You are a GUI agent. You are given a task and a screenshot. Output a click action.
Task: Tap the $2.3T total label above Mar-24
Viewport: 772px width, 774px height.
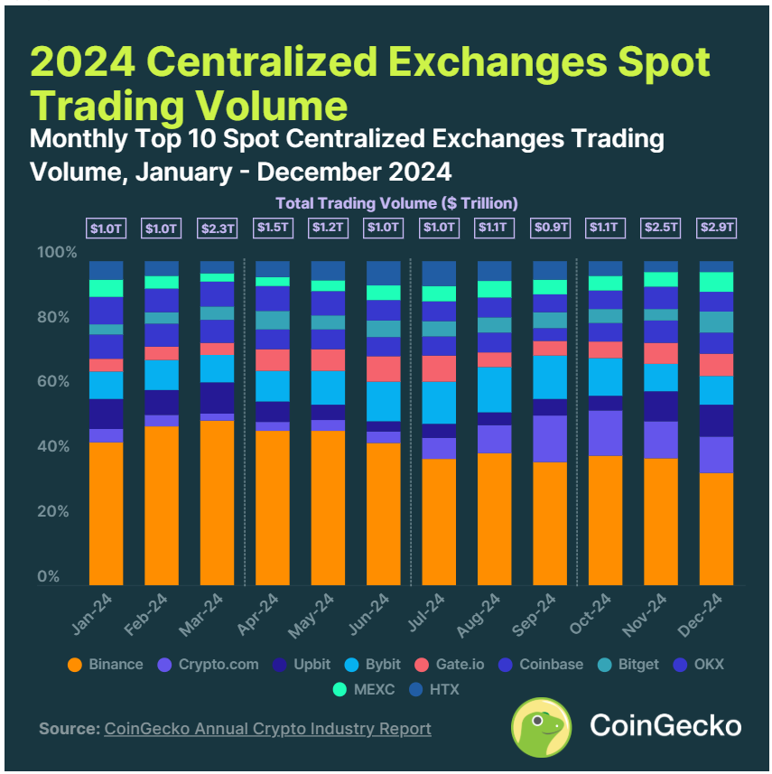[217, 228]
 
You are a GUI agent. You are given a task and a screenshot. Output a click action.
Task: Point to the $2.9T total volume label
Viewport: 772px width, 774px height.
[716, 228]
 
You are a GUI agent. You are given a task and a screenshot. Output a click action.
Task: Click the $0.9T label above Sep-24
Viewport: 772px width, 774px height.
[550, 228]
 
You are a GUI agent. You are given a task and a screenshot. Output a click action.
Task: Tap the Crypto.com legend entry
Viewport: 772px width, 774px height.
[210, 665]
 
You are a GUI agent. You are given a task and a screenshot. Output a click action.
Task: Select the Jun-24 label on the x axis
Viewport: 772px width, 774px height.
[375, 613]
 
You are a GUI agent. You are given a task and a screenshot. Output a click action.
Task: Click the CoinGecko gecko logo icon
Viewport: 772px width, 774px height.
[541, 726]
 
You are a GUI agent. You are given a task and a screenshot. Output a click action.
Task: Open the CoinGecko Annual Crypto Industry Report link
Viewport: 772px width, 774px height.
[267, 728]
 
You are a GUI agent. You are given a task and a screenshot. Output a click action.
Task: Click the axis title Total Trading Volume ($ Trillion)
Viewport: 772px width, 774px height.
[396, 203]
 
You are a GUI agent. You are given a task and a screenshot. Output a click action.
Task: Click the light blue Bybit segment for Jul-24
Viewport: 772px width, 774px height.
[439, 403]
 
